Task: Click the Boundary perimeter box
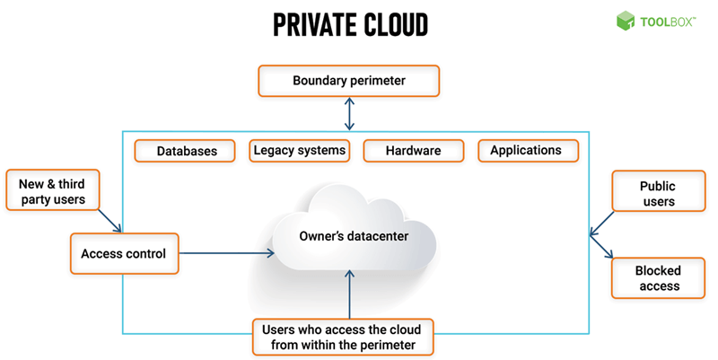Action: (x=349, y=81)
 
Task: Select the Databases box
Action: (x=187, y=151)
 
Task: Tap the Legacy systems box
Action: (x=299, y=151)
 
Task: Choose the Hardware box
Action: (x=413, y=151)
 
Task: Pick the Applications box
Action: (x=525, y=151)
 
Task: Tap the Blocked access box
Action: (x=657, y=278)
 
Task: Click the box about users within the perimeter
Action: (x=341, y=335)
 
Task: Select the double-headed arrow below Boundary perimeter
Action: (x=349, y=113)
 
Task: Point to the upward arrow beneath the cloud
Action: (x=349, y=292)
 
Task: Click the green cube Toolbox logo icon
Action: (x=626, y=20)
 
